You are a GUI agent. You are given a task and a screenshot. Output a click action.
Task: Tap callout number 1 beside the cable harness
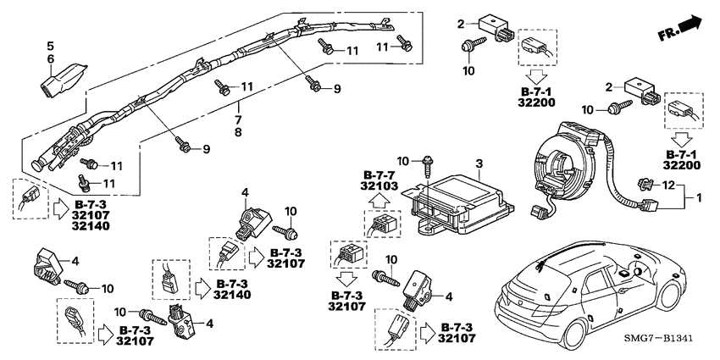point(700,197)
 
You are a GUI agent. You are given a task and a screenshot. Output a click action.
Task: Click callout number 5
point(50,45)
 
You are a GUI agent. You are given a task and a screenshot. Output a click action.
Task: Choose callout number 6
point(50,57)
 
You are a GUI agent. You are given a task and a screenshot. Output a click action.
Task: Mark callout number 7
point(238,121)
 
